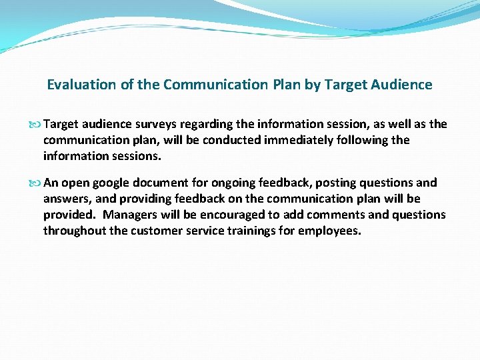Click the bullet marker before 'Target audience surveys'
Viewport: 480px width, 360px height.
[x=35, y=125]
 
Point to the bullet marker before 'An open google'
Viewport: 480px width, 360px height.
[x=35, y=183]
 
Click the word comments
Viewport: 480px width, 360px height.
[x=329, y=215]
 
